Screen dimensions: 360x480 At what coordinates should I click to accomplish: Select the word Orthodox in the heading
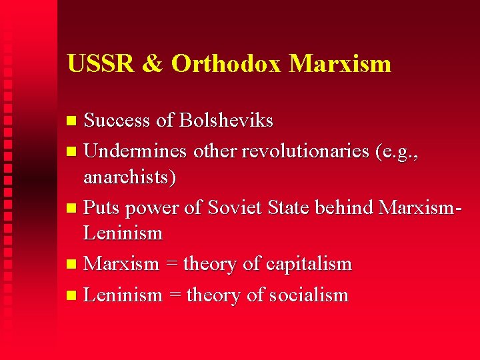coord(226,64)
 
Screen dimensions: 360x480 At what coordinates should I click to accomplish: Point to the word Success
coord(117,121)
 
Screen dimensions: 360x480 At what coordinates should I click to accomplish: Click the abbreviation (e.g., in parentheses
coord(398,152)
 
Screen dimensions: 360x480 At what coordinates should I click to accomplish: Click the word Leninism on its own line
coord(123,233)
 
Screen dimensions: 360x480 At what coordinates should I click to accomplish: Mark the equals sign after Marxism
coord(171,265)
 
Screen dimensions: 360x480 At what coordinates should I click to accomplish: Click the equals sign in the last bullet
coord(174,295)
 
